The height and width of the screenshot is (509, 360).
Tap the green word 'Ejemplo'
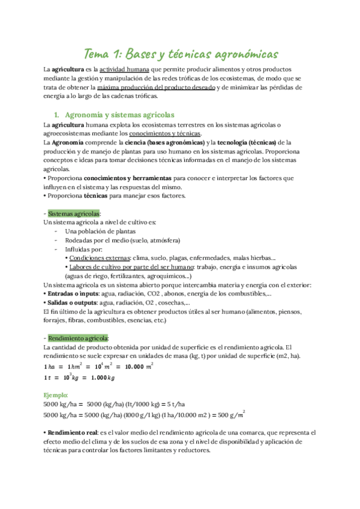(56, 395)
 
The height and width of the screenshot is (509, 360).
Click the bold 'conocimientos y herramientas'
(127, 178)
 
